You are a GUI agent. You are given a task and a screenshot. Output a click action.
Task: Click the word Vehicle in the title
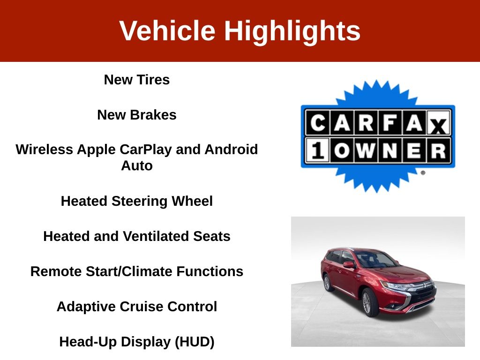pos(167,30)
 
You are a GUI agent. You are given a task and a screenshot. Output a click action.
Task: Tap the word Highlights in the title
pos(292,32)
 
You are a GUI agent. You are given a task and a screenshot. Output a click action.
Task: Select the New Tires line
pos(137,80)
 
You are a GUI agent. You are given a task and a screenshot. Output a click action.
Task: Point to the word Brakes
pos(153,115)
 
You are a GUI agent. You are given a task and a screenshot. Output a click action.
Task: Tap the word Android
pos(231,150)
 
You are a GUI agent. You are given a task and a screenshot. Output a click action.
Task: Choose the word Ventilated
pos(156,236)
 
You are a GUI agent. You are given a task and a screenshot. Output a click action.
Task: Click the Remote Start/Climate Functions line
pos(137,271)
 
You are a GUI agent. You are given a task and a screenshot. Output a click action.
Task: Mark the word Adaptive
pos(86,307)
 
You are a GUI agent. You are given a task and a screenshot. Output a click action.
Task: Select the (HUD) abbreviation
pos(195,342)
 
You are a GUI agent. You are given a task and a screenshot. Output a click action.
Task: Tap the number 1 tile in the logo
pos(317,150)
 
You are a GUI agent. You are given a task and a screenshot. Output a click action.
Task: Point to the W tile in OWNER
pos(366,150)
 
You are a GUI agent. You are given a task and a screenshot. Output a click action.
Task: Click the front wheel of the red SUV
pos(370,302)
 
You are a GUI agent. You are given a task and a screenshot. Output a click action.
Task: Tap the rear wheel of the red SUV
pos(327,283)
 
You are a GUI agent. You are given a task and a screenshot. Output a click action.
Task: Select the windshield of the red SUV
pos(375,260)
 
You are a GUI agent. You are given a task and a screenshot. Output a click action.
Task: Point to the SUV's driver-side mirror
pos(348,264)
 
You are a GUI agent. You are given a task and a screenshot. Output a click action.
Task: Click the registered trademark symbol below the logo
pos(423,172)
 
